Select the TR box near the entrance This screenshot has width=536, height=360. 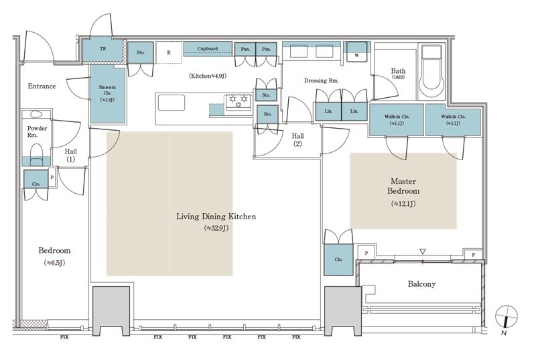(x=102, y=49)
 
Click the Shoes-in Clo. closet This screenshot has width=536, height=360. (x=107, y=94)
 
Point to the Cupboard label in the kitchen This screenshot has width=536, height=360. (x=208, y=49)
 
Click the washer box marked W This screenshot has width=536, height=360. (x=356, y=54)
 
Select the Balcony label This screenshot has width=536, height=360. (x=422, y=284)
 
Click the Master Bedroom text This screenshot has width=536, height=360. (x=404, y=186)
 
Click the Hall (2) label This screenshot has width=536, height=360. (x=298, y=139)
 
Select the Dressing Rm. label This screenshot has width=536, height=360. (x=322, y=80)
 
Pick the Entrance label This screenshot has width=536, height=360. (x=42, y=86)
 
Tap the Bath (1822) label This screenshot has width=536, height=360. (x=398, y=74)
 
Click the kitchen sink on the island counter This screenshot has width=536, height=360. (x=171, y=103)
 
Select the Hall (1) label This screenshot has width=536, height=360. (x=70, y=156)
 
